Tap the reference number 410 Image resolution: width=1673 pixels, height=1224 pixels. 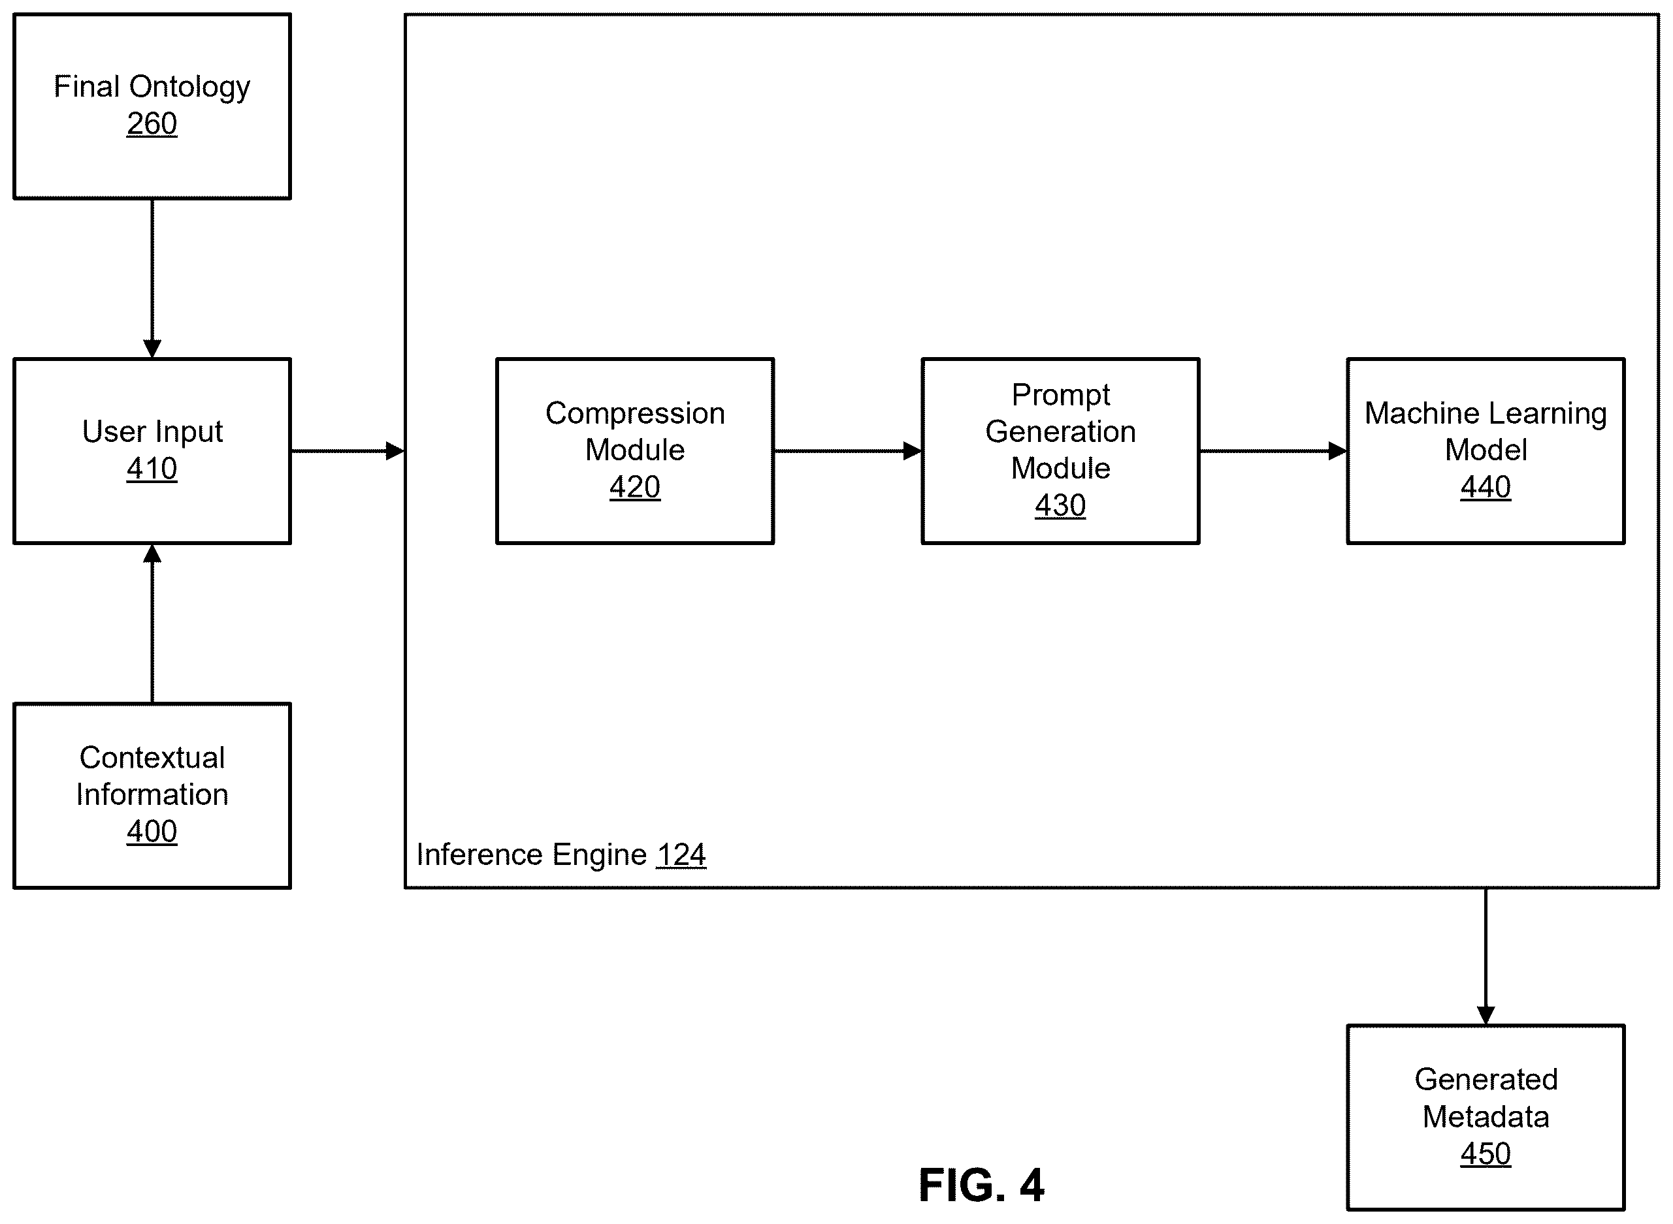[x=152, y=468]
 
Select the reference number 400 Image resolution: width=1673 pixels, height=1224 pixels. [x=152, y=831]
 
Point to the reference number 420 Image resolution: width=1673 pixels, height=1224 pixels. [x=634, y=487]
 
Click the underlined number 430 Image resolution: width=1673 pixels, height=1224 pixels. [x=1060, y=505]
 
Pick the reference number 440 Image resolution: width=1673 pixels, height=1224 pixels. [x=1486, y=487]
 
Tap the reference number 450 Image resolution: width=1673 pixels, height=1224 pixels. [x=1486, y=1153]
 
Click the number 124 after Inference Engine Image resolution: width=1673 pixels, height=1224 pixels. [x=681, y=855]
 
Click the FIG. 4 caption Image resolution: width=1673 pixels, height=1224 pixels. [x=981, y=1185]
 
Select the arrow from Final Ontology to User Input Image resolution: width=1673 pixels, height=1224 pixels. [x=152, y=279]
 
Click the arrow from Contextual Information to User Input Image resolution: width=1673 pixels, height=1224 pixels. [x=152, y=623]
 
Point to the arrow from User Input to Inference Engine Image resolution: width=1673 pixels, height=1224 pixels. [x=348, y=450]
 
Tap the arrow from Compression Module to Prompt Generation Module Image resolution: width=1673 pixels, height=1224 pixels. [x=848, y=450]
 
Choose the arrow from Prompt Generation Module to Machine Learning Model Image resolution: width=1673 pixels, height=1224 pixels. [x=1273, y=450]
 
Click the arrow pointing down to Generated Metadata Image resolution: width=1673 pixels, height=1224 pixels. [x=1486, y=956]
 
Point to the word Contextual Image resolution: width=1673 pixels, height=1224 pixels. [x=152, y=757]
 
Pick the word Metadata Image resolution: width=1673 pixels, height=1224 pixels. [x=1486, y=1116]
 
